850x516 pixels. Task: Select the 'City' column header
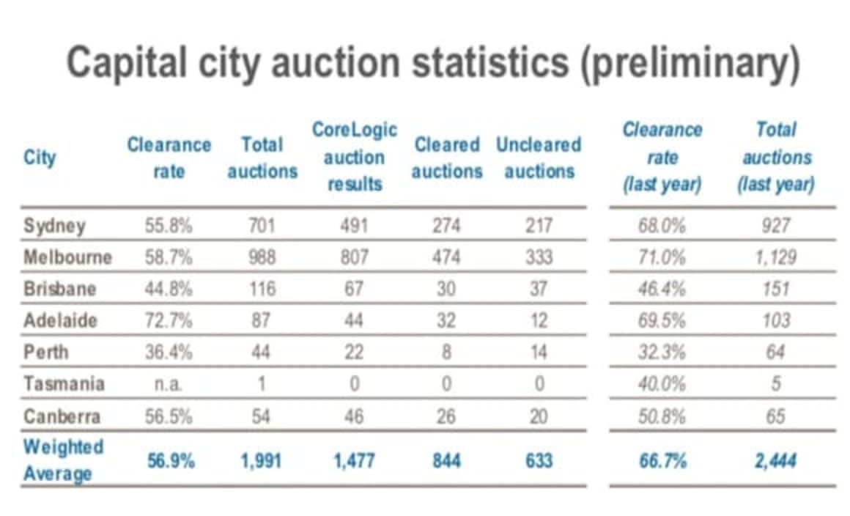point(40,158)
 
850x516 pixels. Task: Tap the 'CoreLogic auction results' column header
point(355,157)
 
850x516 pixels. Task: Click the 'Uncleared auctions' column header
point(538,158)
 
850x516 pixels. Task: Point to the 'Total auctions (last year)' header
point(776,157)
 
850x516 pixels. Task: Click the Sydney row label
point(54,225)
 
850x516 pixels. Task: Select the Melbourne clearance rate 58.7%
point(169,257)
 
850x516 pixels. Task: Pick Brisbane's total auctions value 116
point(262,289)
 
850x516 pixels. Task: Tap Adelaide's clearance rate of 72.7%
point(169,320)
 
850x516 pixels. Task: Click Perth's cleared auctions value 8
point(446,353)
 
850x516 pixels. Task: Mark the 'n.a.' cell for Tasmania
point(169,384)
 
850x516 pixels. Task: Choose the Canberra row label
point(62,416)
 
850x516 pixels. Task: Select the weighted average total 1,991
point(262,461)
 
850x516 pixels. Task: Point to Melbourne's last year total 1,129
point(776,257)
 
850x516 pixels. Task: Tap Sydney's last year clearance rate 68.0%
point(662,225)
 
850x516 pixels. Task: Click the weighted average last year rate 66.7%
point(662,461)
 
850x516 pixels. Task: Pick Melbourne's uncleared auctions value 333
point(538,257)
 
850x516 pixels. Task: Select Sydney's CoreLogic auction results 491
point(355,225)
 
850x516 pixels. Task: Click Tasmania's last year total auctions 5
point(776,384)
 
